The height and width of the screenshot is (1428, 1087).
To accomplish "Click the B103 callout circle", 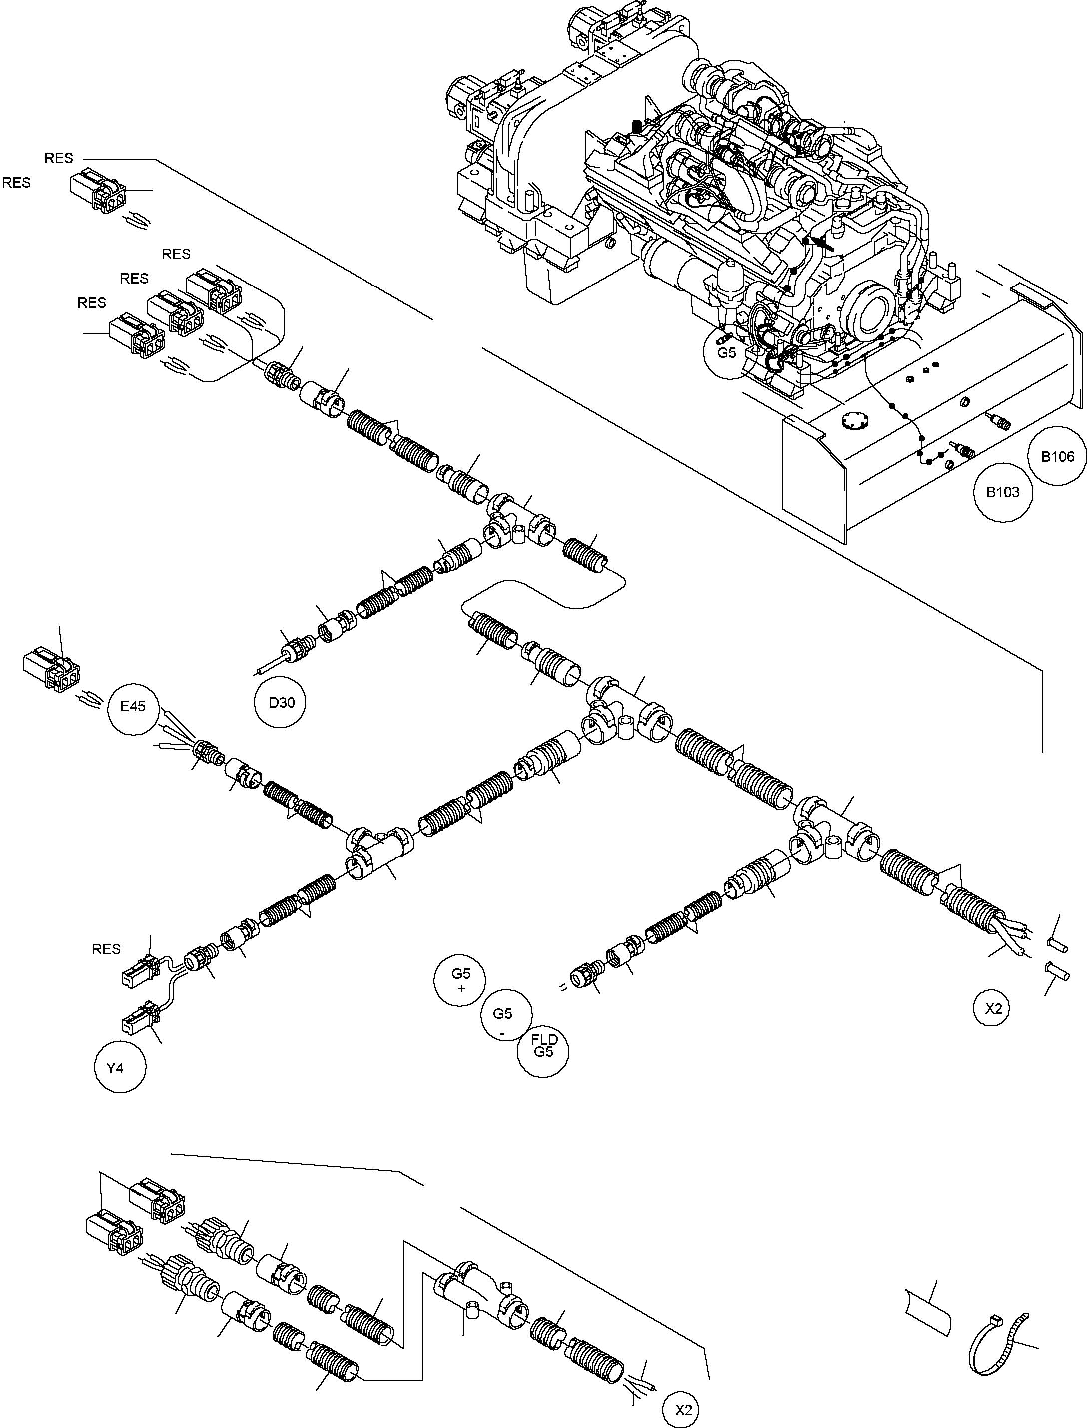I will [1002, 492].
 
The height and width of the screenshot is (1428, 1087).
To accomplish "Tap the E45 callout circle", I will [133, 706].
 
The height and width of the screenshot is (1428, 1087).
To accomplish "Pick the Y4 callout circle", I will [115, 1067].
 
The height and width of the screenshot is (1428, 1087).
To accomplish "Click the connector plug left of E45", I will [52, 668].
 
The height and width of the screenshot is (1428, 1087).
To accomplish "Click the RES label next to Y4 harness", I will [106, 949].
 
